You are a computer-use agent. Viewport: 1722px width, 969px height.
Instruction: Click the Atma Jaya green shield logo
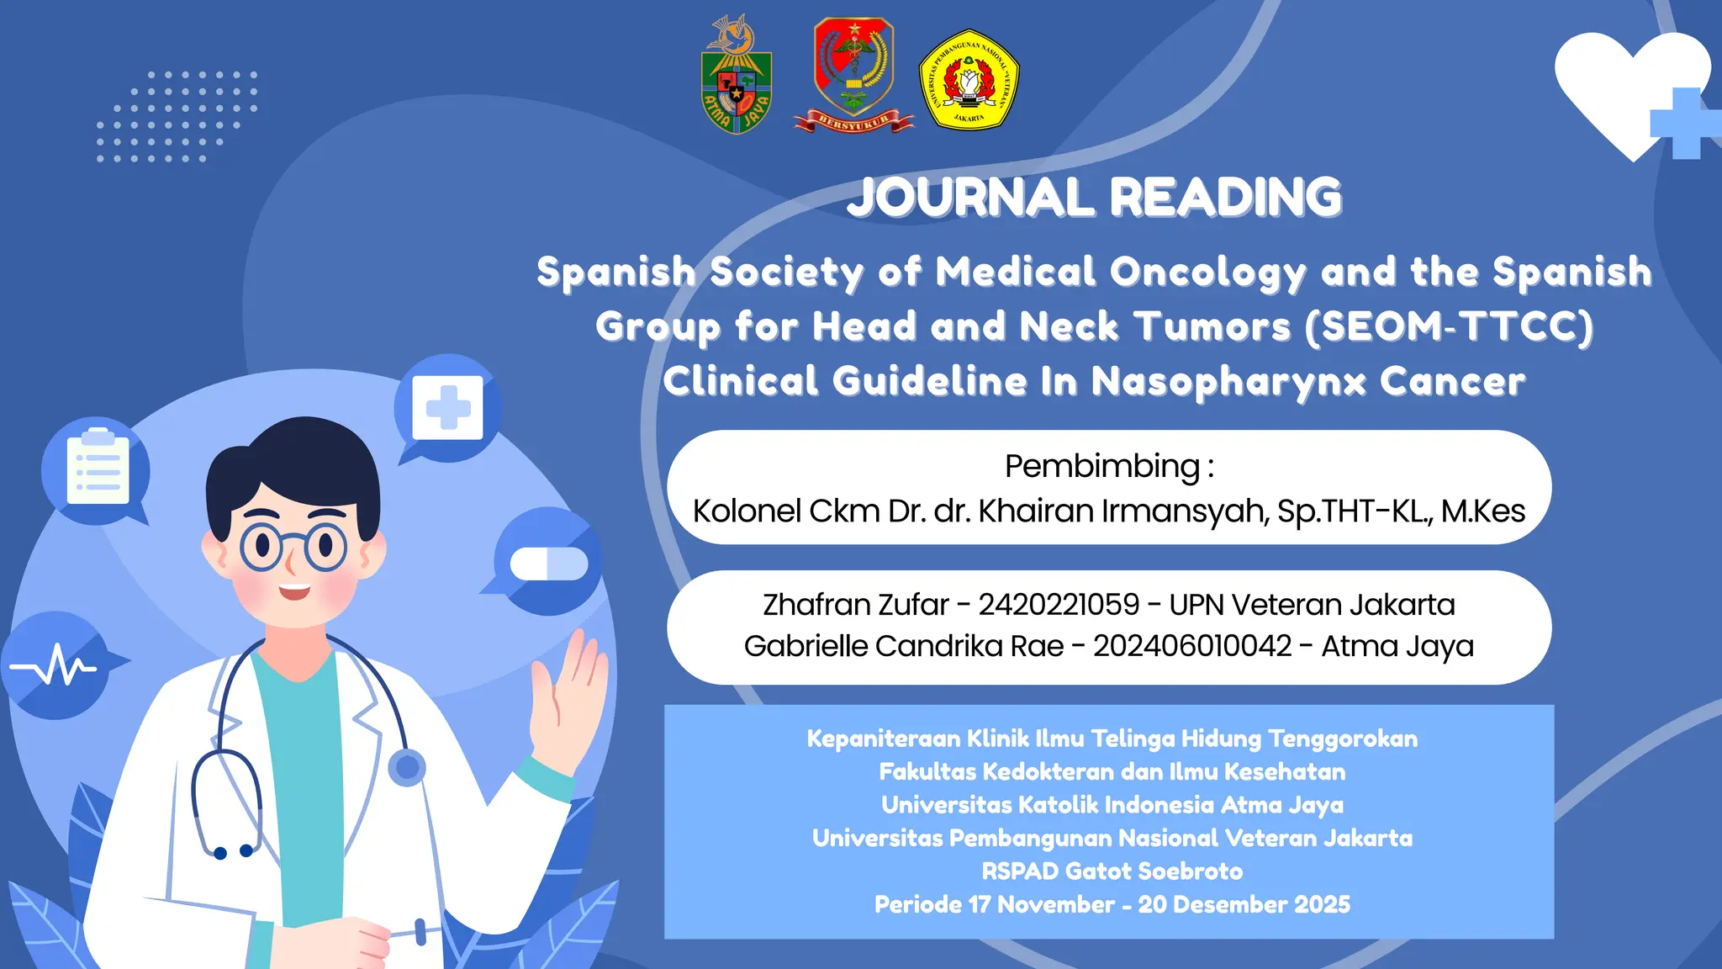tap(737, 77)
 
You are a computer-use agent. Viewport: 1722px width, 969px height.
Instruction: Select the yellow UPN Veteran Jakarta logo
tap(969, 80)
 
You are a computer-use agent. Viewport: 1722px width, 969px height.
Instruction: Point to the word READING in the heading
tap(1226, 198)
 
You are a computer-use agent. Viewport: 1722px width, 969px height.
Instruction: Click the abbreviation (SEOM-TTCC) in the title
tap(1448, 326)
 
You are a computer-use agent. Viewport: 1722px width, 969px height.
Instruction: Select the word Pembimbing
tap(1102, 466)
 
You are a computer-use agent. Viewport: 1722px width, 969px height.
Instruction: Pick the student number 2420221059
tap(1059, 605)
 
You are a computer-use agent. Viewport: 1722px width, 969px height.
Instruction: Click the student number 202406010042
tap(1192, 646)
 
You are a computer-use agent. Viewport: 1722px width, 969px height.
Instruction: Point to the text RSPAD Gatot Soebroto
tap(1112, 871)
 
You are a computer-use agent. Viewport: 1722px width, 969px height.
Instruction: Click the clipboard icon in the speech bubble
tap(98, 469)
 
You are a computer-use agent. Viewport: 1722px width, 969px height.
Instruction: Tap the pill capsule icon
tap(549, 564)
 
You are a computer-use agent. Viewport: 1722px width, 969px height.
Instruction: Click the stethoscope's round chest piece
tap(407, 767)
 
